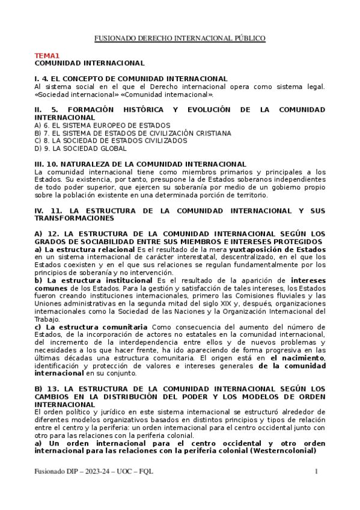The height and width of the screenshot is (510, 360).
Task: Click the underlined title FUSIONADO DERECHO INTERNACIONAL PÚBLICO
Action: (180, 38)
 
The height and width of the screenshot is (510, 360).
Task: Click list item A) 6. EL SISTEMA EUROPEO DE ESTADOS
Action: (93, 125)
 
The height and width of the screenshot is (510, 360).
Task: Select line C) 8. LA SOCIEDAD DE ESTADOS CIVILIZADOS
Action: (111, 141)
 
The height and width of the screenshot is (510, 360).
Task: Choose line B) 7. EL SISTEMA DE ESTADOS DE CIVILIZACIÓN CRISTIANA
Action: (132, 133)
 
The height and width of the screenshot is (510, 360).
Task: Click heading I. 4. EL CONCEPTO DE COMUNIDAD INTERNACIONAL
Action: (131, 79)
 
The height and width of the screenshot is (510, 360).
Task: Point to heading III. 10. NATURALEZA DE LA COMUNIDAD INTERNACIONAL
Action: (140, 164)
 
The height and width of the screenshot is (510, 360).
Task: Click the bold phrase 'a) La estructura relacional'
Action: (85, 250)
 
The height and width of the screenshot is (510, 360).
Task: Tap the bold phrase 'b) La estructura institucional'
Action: (94, 280)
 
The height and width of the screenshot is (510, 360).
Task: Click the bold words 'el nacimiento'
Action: (297, 358)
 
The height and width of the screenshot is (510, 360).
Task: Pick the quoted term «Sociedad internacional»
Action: (69, 94)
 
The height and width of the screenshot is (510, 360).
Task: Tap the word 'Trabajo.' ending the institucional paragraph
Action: (47, 319)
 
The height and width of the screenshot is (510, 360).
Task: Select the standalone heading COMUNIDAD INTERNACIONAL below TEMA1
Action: (90, 63)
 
